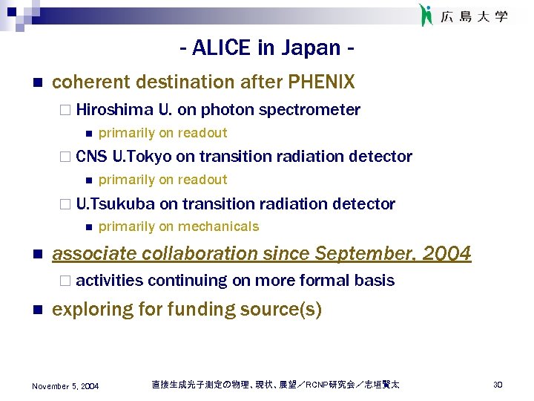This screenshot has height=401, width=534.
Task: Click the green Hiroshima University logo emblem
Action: pyautogui.click(x=426, y=15)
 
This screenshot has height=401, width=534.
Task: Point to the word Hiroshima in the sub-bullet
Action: pyautogui.click(x=115, y=110)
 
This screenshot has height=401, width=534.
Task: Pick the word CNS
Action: pyautogui.click(x=91, y=157)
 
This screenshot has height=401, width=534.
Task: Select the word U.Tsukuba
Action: pyautogui.click(x=116, y=203)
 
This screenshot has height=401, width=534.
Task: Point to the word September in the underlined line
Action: pyautogui.click(x=361, y=254)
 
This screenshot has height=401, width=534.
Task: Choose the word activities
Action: pyautogui.click(x=109, y=280)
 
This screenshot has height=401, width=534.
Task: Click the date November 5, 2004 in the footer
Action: pyautogui.click(x=65, y=386)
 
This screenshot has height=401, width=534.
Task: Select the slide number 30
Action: pyautogui.click(x=498, y=385)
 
